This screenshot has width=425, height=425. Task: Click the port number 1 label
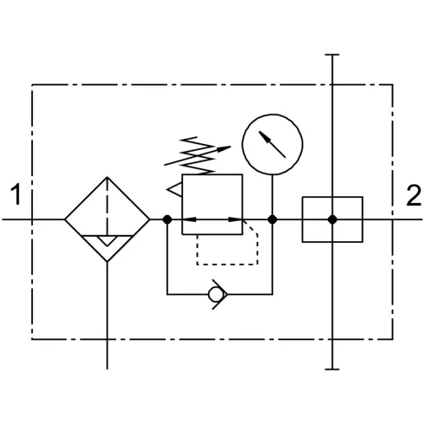tap(16, 194)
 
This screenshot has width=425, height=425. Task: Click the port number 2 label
tap(414, 195)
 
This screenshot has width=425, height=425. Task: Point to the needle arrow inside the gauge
tap(272, 144)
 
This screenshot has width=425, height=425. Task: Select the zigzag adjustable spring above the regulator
tap(197, 156)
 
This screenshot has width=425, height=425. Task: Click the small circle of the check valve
tap(217, 294)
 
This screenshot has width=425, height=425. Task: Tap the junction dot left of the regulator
tap(167, 219)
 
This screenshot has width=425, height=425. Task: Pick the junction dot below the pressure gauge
tap(272, 219)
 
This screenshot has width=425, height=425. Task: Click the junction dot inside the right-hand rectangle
tap(332, 219)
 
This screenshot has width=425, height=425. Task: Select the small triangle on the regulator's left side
tap(174, 190)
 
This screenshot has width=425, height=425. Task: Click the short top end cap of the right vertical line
tap(332, 55)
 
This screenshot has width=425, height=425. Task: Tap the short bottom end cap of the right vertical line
tap(332, 369)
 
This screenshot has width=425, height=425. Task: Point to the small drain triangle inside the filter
tap(108, 241)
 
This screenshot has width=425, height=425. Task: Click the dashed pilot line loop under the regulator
tap(227, 265)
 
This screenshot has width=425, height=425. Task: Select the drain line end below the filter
tap(108, 369)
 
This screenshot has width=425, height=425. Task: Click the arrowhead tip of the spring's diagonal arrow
tap(231, 147)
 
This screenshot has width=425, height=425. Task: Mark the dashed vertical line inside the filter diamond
tap(108, 206)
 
